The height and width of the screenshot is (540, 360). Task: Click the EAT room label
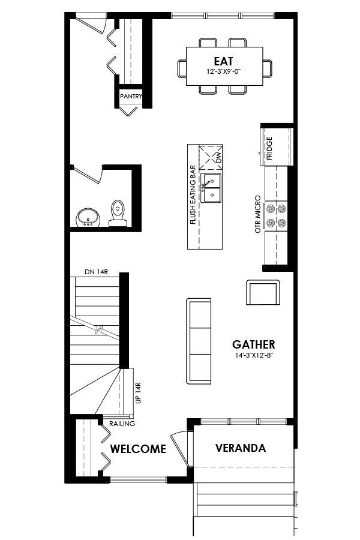(223, 61)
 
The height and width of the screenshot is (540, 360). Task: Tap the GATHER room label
(254, 344)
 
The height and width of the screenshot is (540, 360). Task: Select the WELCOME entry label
(138, 449)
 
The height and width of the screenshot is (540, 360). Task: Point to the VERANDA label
(241, 448)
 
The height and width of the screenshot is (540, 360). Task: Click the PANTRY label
(131, 96)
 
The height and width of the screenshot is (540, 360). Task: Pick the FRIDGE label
(269, 146)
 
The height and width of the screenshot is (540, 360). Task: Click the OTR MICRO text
(258, 214)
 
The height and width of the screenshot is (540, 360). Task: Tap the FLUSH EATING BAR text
(193, 195)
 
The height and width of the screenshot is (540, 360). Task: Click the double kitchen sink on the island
(211, 188)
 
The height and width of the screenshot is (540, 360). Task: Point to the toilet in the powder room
(118, 212)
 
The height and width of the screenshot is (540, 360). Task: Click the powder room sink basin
(88, 217)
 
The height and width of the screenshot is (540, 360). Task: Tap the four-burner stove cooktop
(277, 215)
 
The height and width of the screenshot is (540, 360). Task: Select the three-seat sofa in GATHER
(200, 341)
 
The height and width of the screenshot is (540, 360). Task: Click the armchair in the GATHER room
(263, 293)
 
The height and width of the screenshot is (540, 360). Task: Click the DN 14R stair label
(96, 272)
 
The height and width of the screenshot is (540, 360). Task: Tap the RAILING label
(122, 424)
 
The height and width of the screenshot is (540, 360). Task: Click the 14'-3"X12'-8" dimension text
(254, 355)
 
